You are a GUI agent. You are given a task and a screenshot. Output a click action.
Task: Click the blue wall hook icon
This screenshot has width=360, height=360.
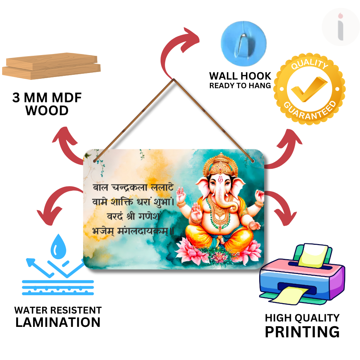click(244, 40)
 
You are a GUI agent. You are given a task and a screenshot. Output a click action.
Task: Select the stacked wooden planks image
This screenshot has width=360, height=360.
click(51, 67)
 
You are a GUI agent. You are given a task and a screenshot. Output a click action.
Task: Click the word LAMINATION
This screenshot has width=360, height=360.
click(58, 322)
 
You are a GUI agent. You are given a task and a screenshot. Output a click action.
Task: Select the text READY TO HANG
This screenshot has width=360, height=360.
click(240, 86)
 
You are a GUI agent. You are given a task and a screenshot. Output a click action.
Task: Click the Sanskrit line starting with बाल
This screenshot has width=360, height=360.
click(133, 187)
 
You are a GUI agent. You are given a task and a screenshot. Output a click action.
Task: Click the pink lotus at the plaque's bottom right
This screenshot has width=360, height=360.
click(252, 250)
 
